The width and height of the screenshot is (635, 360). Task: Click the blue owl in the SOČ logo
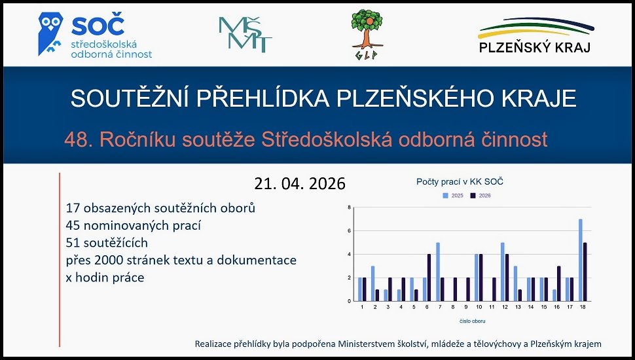pos(50,33)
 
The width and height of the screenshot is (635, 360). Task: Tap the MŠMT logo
pos(245,35)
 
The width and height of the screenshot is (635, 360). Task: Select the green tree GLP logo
pos(367,35)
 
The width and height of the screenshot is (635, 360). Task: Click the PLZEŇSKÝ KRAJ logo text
pos(535,47)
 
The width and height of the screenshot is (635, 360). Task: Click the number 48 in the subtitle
pos(76,139)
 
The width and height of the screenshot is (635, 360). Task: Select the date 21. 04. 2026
pos(300,183)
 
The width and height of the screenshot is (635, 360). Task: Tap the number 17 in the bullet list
pos(73,208)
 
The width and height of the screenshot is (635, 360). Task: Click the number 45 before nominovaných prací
pos(73,226)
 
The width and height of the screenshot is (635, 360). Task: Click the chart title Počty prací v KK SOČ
pos(460,182)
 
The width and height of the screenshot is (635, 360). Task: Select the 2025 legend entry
pos(453,196)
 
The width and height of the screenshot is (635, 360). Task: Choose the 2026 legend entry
pos(481,196)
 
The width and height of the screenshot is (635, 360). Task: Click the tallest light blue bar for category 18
pos(580,260)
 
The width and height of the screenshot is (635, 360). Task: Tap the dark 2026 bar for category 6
pos(429,278)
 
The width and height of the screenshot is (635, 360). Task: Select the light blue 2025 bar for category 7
pos(438,272)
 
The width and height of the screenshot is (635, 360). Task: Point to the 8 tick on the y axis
pos(349,207)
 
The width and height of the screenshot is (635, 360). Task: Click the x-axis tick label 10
pos(479,307)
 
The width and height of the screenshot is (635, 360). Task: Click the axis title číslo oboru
pos(472,321)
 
